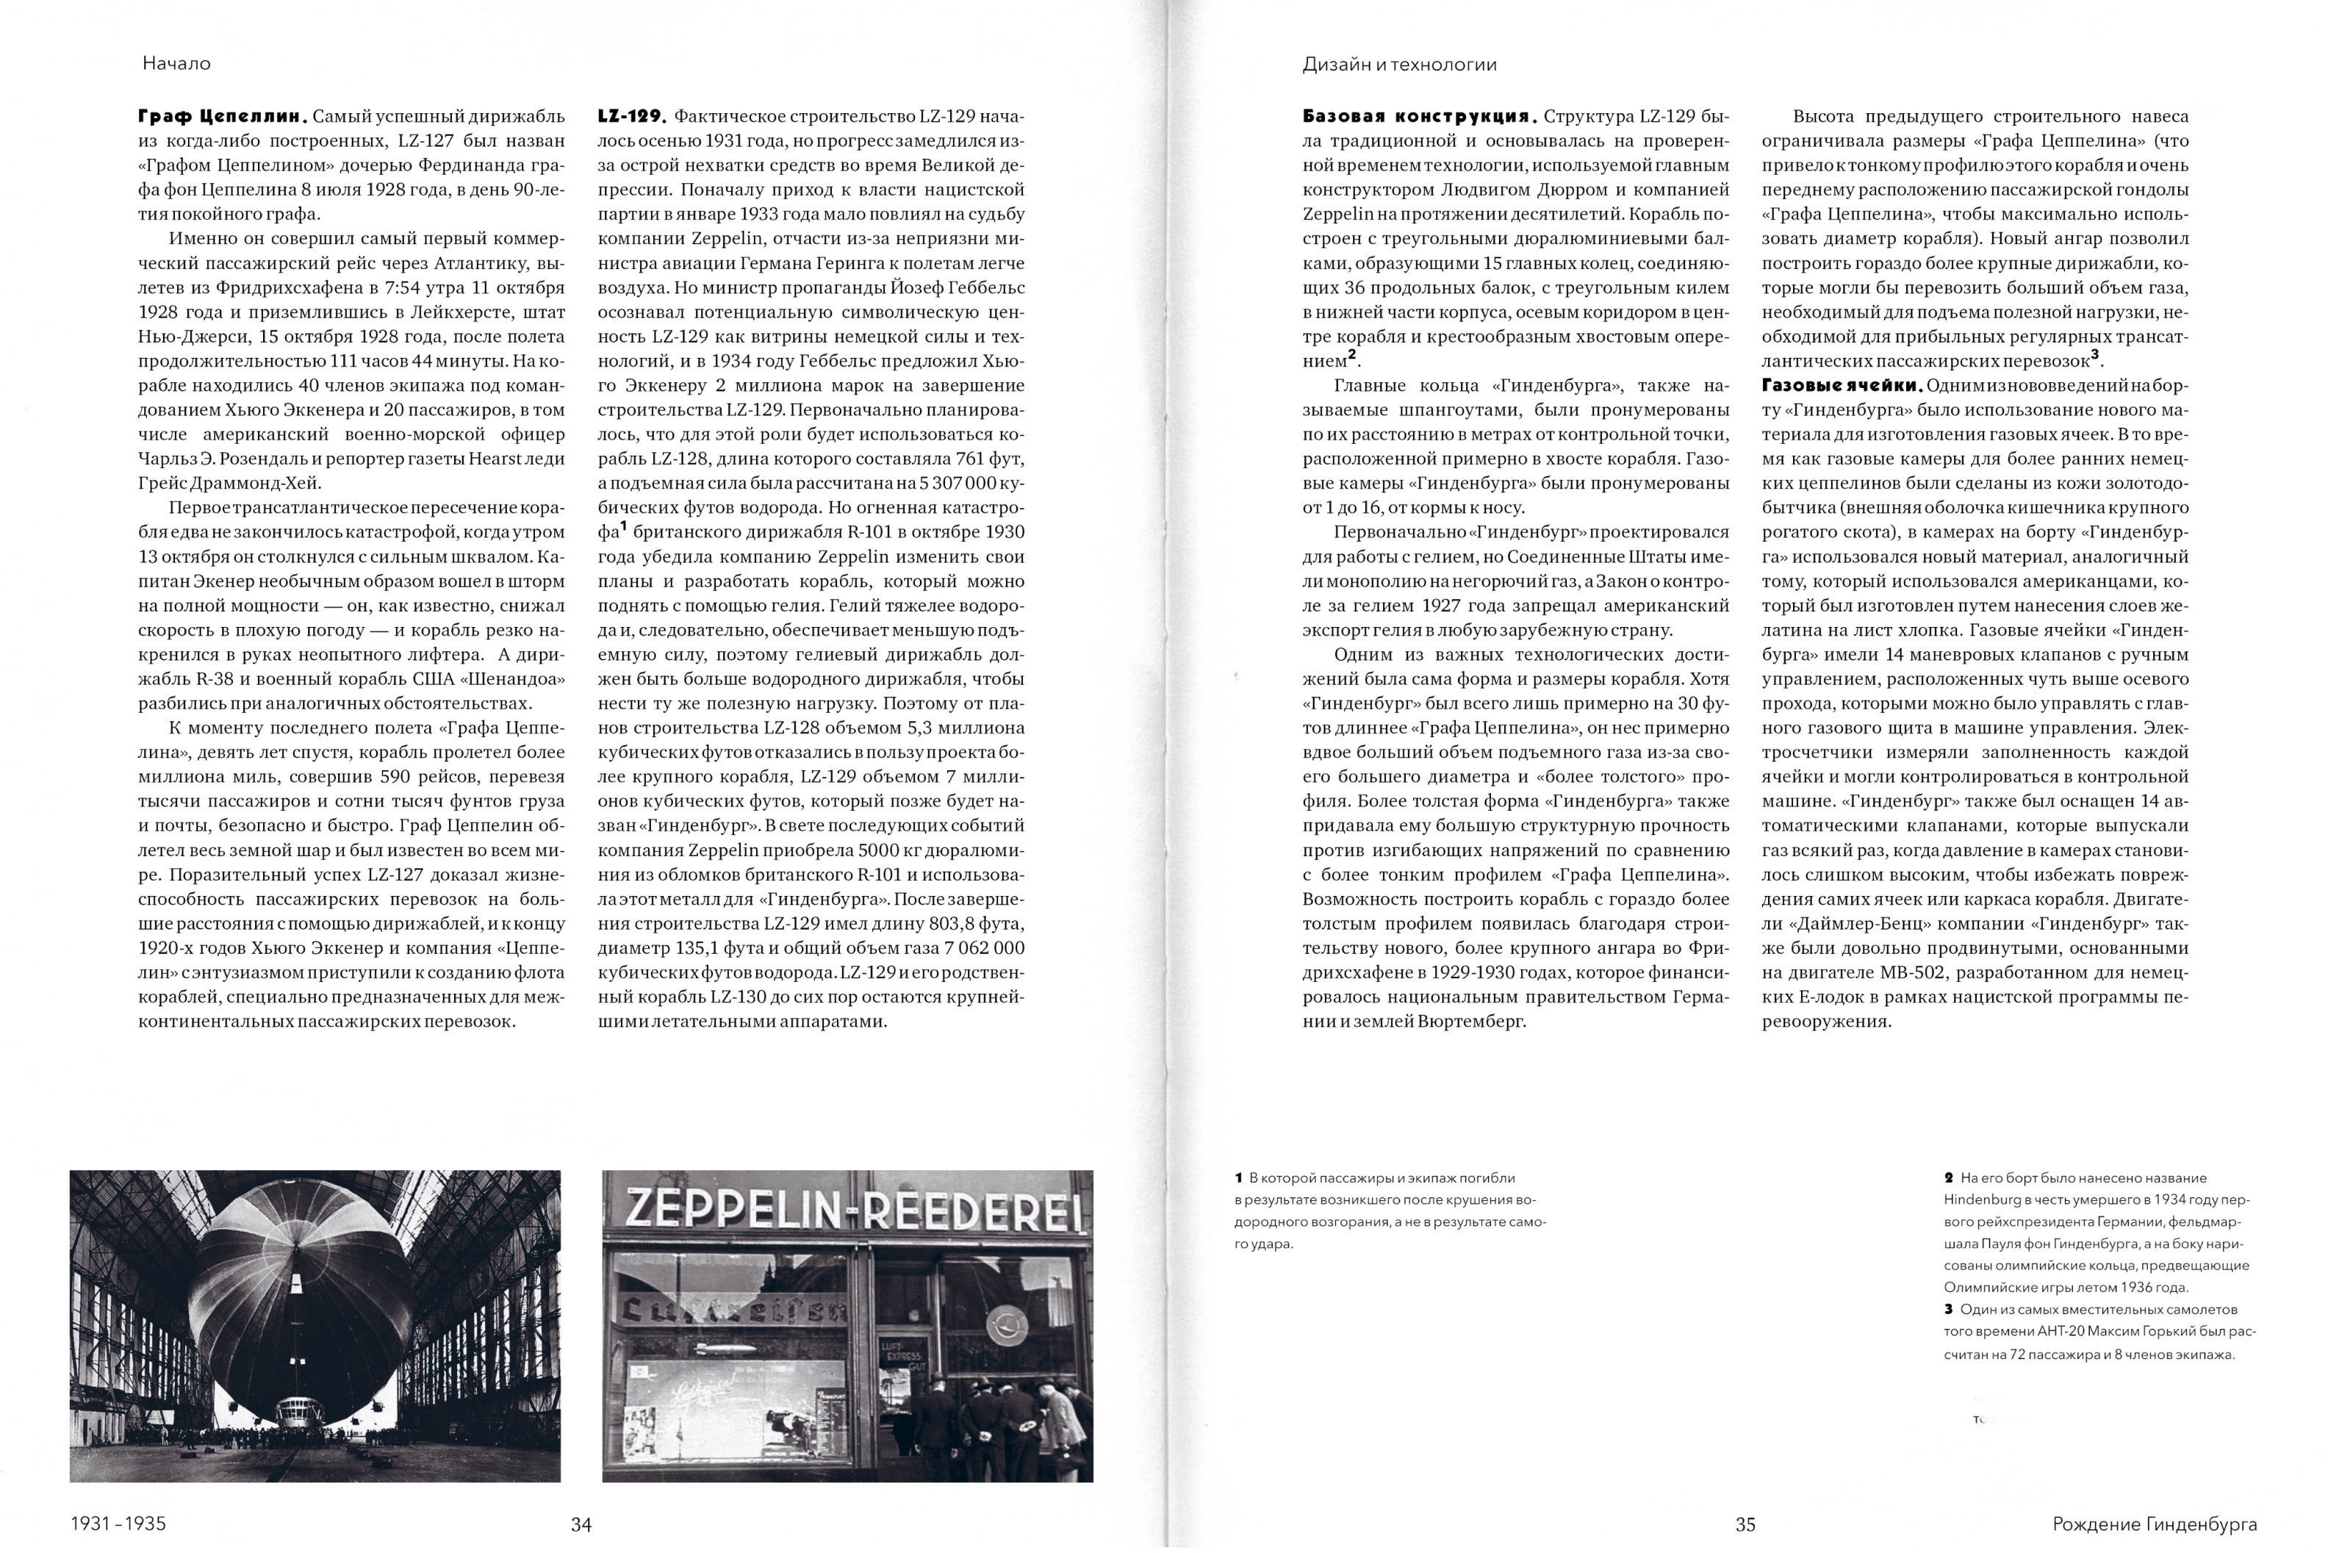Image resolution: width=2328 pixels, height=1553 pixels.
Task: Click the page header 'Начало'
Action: [176, 63]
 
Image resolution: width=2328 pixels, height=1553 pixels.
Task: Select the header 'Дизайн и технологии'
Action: [1399, 65]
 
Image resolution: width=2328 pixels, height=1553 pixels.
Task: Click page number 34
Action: [581, 1524]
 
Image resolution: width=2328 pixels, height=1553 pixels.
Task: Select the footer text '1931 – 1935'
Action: [118, 1524]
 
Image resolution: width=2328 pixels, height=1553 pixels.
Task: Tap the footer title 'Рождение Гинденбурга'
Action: [2155, 1524]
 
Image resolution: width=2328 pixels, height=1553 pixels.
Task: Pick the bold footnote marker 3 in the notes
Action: [1949, 1309]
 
